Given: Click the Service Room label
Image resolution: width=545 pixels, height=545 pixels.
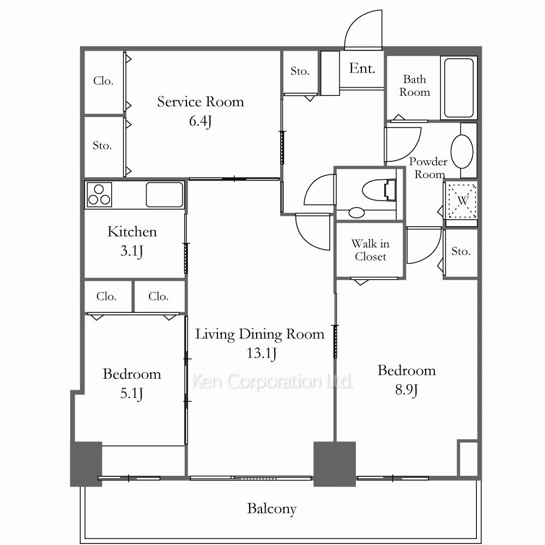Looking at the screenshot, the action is [x=201, y=101].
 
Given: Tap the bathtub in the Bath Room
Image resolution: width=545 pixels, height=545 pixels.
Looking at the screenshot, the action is [x=459, y=88].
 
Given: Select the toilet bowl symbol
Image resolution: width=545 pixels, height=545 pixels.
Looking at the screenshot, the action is [x=379, y=190].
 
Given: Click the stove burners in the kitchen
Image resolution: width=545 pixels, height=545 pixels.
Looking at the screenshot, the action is [x=99, y=195].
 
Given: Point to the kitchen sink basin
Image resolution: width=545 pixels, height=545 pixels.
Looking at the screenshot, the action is [x=165, y=195].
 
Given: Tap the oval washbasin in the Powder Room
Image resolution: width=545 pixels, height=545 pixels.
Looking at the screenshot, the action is [x=462, y=152].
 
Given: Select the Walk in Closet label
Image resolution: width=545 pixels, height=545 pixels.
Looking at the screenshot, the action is [x=371, y=250].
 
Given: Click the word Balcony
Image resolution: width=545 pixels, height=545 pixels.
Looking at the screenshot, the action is [x=272, y=508].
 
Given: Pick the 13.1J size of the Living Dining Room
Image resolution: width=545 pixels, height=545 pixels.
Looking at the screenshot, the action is [x=262, y=353].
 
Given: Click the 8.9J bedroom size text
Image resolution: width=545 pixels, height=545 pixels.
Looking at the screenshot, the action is [x=407, y=390].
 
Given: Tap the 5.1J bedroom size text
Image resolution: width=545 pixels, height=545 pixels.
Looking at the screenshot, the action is [x=131, y=393].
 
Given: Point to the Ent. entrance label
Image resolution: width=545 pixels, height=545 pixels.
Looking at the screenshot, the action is [x=362, y=69].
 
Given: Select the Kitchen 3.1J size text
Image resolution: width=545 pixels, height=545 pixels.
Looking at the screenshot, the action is [x=131, y=251].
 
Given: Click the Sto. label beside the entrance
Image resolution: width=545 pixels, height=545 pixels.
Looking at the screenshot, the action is [x=300, y=71].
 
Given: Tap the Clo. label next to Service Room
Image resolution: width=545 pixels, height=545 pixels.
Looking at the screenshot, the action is [x=103, y=81].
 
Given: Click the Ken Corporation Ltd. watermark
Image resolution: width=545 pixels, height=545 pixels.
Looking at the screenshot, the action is [x=272, y=381].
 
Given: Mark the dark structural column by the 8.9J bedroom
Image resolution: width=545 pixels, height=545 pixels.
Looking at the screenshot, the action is [x=335, y=464].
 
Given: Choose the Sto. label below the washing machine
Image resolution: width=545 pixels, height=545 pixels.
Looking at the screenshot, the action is [x=461, y=251].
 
